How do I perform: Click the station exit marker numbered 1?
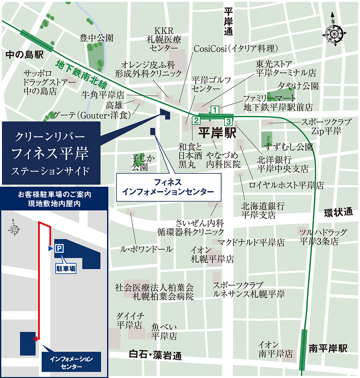click(214, 110)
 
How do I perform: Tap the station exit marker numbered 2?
click(196, 120)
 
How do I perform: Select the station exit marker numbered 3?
click(228, 121)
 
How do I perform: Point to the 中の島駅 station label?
click(25, 55)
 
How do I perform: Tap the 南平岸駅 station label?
click(328, 348)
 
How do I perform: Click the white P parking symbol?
click(59, 248)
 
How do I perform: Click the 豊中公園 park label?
click(96, 38)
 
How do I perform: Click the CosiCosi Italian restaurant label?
click(235, 48)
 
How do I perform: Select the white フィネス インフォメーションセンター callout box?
click(168, 187)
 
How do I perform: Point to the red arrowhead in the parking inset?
click(35, 339)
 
